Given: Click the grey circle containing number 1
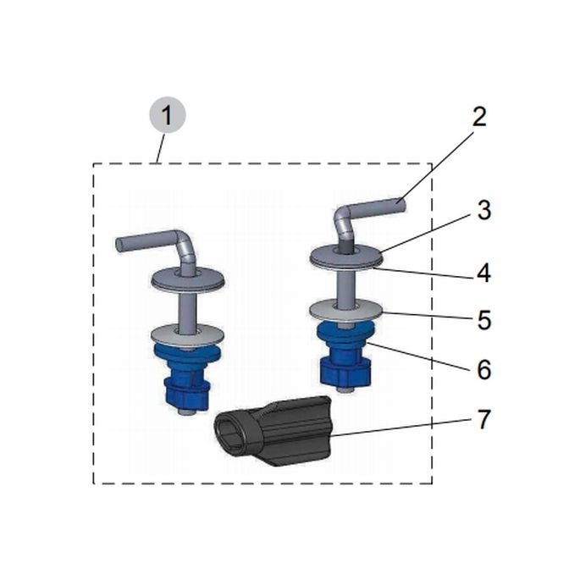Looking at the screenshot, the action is click(x=167, y=115).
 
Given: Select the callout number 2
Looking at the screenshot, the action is click(x=479, y=117).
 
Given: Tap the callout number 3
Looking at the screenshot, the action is click(x=483, y=211).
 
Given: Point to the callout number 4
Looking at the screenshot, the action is click(x=483, y=273).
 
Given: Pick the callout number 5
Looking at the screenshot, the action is click(x=483, y=320).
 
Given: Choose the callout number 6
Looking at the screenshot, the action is click(x=483, y=369).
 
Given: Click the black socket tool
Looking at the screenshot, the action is click(x=273, y=431).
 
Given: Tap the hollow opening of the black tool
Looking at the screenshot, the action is click(x=232, y=434).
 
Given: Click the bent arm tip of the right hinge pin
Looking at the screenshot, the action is click(x=401, y=205).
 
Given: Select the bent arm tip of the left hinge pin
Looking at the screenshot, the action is click(x=121, y=245).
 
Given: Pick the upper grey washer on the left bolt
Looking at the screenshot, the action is click(x=188, y=280).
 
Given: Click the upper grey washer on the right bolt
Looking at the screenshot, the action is click(x=345, y=256).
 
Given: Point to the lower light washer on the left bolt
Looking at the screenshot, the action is click(x=188, y=334).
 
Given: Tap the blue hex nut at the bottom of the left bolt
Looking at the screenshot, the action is click(x=187, y=393).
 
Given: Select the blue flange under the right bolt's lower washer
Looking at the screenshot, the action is click(x=345, y=331).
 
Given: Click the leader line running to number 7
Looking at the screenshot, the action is click(x=401, y=428).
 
